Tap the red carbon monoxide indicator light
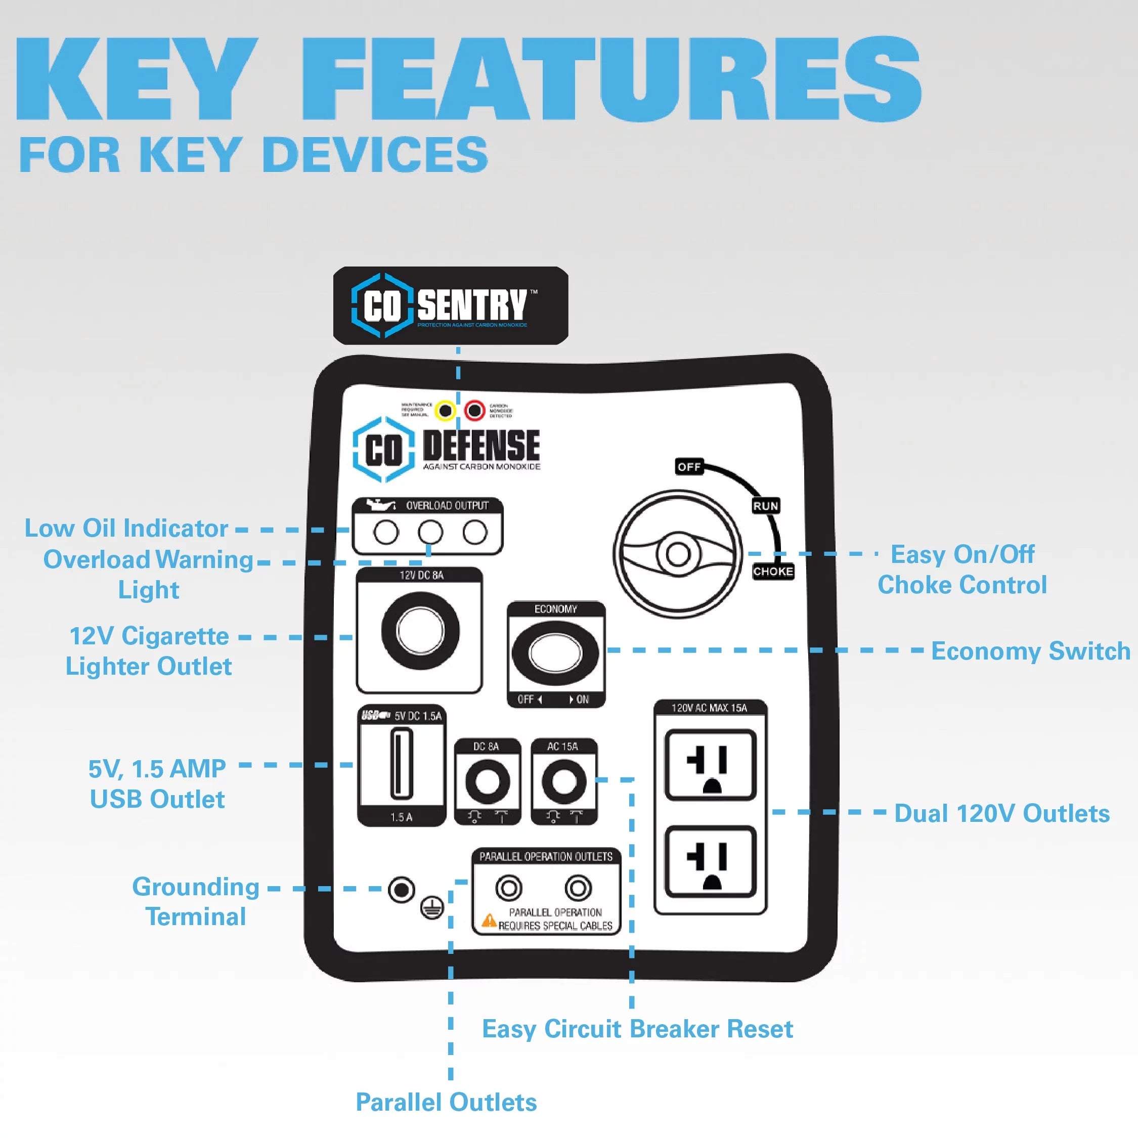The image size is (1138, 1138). pyautogui.click(x=475, y=410)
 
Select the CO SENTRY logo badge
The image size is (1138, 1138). pyautogui.click(x=451, y=305)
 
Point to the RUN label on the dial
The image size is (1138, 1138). pyautogui.click(x=766, y=506)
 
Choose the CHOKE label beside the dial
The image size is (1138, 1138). pyautogui.click(x=773, y=572)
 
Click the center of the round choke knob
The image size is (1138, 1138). pyautogui.click(x=677, y=554)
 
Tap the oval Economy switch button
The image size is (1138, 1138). pyautogui.click(x=555, y=652)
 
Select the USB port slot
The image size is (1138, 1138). pyautogui.click(x=402, y=763)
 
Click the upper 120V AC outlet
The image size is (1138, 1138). pyautogui.click(x=711, y=765)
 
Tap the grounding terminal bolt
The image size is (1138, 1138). pyautogui.click(x=402, y=890)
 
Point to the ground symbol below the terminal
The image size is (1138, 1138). pyautogui.click(x=432, y=909)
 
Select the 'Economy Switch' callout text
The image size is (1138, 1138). pyautogui.click(x=1030, y=651)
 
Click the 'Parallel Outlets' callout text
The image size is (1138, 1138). pyautogui.click(x=446, y=1102)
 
